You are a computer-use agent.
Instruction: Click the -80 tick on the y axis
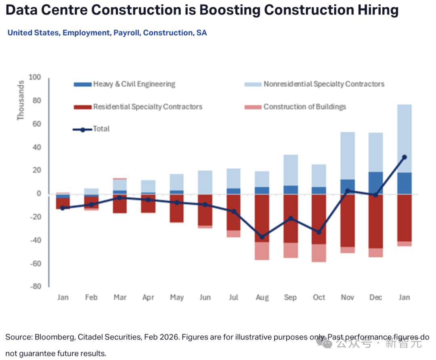click(36, 287)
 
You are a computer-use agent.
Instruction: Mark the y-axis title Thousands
click(21, 100)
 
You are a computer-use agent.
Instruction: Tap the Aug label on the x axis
click(262, 297)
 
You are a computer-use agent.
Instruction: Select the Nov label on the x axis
click(347, 297)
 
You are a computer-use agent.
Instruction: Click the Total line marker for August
click(262, 237)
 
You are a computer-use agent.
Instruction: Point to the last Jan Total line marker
click(404, 157)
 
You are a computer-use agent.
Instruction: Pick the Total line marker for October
click(319, 232)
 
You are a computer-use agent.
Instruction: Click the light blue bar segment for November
click(347, 156)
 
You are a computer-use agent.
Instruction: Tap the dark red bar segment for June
click(205, 210)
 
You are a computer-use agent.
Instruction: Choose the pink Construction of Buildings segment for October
click(319, 253)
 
